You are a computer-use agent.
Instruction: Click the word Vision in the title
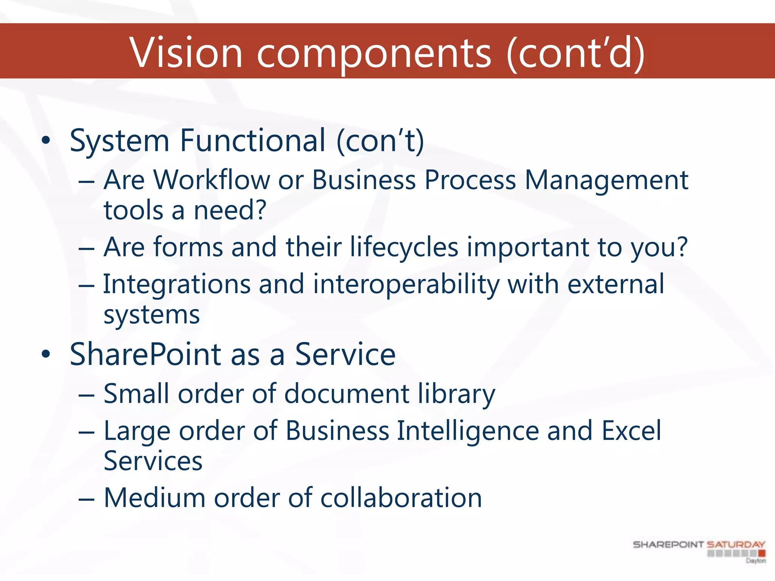pyautogui.click(x=185, y=53)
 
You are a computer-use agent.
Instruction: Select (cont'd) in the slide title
pyautogui.click(x=575, y=53)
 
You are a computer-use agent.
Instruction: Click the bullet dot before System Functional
pyautogui.click(x=46, y=141)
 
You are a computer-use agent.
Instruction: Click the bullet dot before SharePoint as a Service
pyautogui.click(x=46, y=355)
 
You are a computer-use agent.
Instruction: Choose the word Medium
pyautogui.click(x=155, y=498)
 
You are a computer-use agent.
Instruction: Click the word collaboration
pyautogui.click(x=401, y=498)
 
